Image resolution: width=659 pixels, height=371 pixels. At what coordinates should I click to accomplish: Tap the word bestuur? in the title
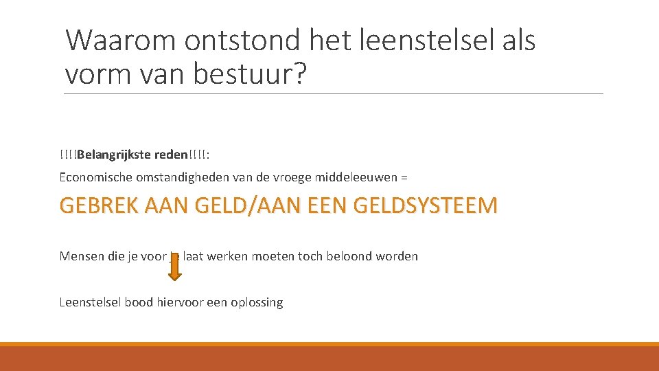pyautogui.click(x=249, y=73)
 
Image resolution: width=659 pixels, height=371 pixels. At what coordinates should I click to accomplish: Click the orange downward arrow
pyautogui.click(x=175, y=267)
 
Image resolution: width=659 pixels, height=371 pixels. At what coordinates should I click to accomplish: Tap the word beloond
pyautogui.click(x=357, y=256)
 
